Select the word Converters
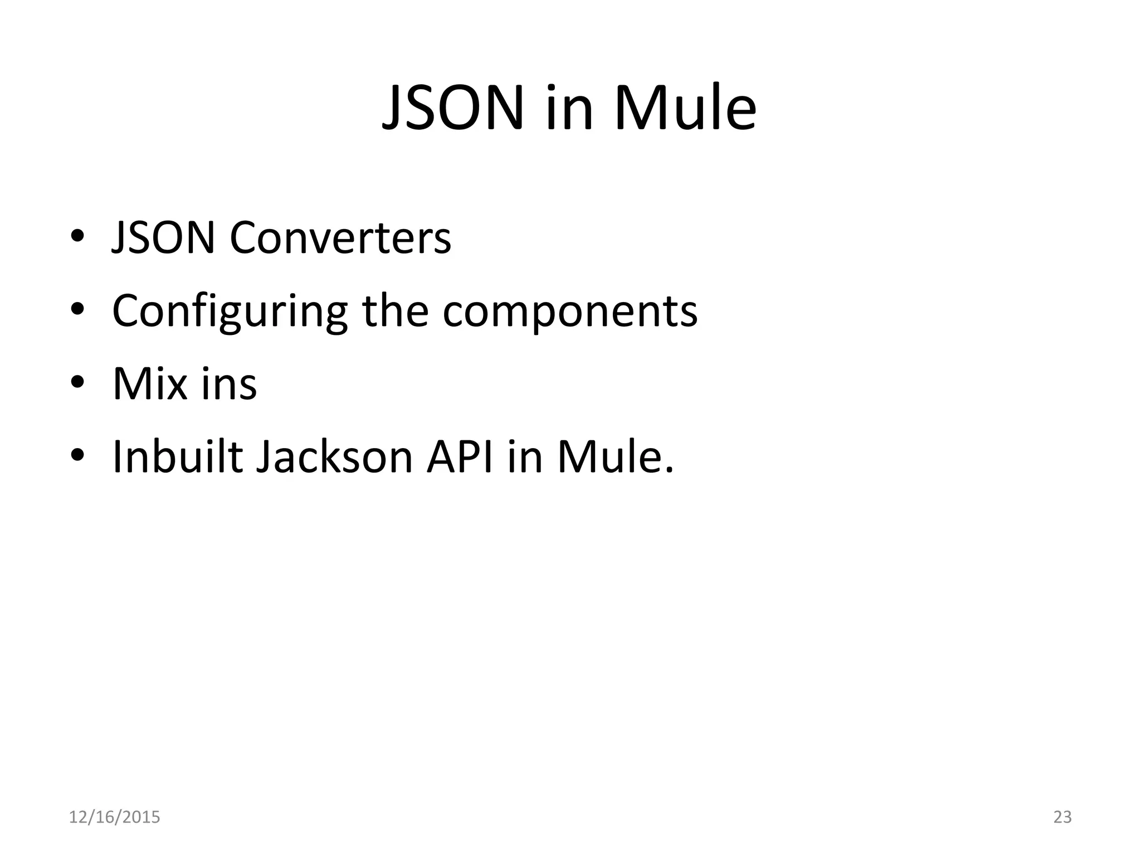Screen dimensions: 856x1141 (340, 238)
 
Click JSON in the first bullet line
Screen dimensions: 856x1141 (163, 238)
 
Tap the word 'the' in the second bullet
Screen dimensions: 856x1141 (395, 310)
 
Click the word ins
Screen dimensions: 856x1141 (229, 384)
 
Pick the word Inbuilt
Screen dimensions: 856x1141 (178, 457)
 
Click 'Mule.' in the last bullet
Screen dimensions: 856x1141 (615, 457)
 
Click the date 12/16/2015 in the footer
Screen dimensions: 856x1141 (114, 817)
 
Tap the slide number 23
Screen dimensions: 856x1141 (1062, 817)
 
